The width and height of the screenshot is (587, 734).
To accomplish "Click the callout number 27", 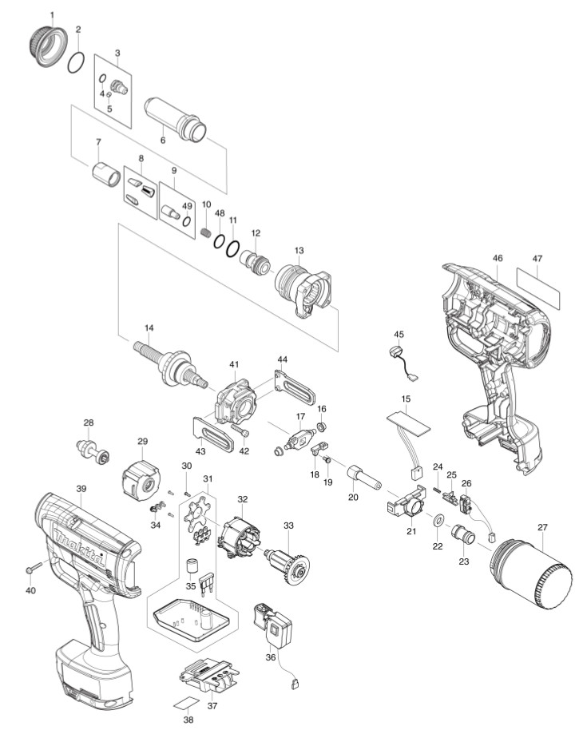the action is tap(542, 528).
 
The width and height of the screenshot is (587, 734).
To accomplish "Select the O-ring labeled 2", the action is tap(77, 63).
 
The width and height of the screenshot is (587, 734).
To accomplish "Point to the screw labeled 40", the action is tap(34, 568).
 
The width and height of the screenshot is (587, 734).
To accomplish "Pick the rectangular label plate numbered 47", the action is tap(538, 288).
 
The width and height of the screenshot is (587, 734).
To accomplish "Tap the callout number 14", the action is tap(149, 328).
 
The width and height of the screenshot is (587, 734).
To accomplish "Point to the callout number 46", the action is tap(497, 259).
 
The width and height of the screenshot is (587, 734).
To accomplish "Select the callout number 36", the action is tap(271, 657).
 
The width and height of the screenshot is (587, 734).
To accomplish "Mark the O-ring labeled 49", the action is tap(187, 220).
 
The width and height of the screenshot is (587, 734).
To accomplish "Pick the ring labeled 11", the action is tap(232, 248).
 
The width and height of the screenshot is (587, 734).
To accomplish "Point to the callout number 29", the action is tap(142, 441).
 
